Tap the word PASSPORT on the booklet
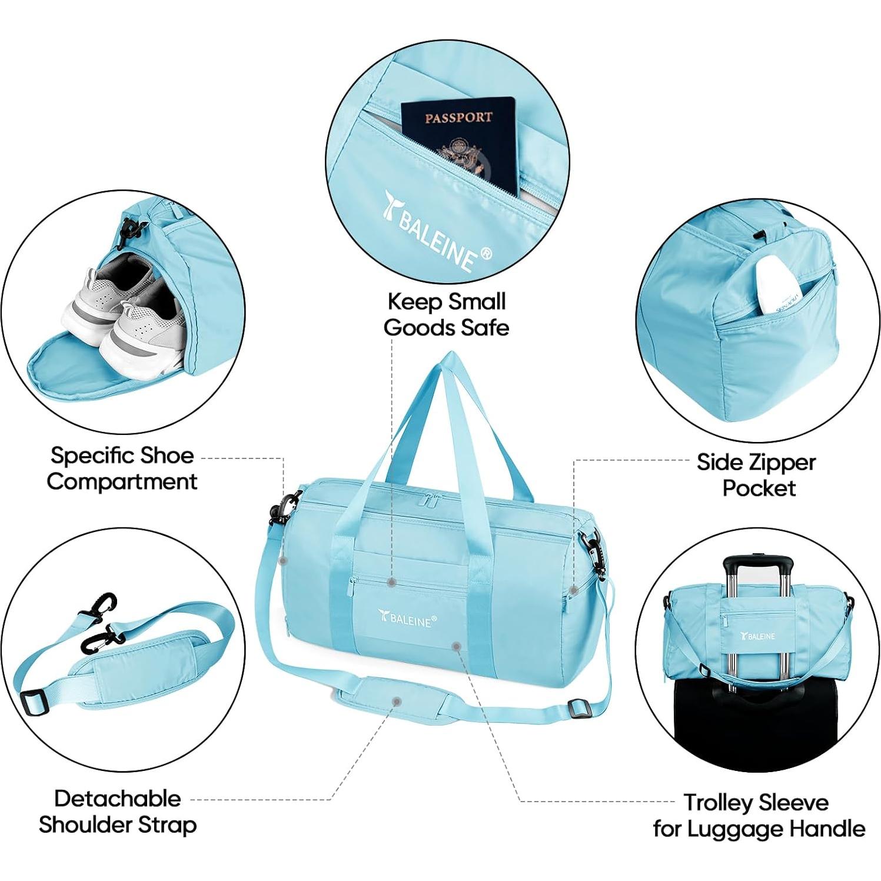click(x=458, y=117)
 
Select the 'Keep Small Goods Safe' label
click(x=446, y=314)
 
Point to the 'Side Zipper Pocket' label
click(x=757, y=475)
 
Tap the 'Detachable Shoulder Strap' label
click(x=118, y=812)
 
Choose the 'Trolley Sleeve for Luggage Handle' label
click(x=758, y=815)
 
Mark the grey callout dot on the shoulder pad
click(x=397, y=702)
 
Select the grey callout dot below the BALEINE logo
click(x=455, y=646)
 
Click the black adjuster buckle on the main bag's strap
click(x=579, y=709)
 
